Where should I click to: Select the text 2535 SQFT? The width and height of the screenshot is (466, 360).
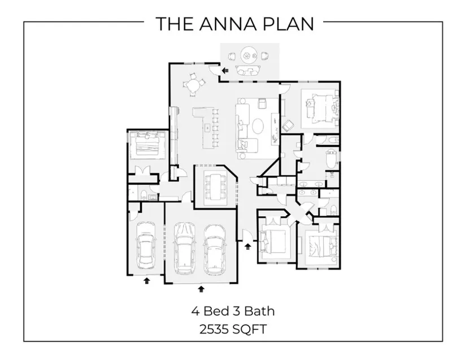pyautogui.click(x=233, y=328)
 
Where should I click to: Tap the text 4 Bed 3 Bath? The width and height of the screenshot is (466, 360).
pyautogui.click(x=233, y=310)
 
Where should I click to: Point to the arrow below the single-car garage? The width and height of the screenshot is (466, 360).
pyautogui.click(x=147, y=280)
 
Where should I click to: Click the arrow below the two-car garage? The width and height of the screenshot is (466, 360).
pyautogui.click(x=201, y=289)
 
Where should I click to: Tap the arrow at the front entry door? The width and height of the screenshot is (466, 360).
pyautogui.click(x=247, y=246)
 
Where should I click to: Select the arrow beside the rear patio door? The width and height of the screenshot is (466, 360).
pyautogui.click(x=225, y=71)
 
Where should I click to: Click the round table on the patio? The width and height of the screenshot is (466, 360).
pyautogui.click(x=249, y=55)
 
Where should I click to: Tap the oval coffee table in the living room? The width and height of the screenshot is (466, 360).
pyautogui.click(x=257, y=124)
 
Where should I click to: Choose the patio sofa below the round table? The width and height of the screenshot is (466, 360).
pyautogui.click(x=248, y=70)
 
